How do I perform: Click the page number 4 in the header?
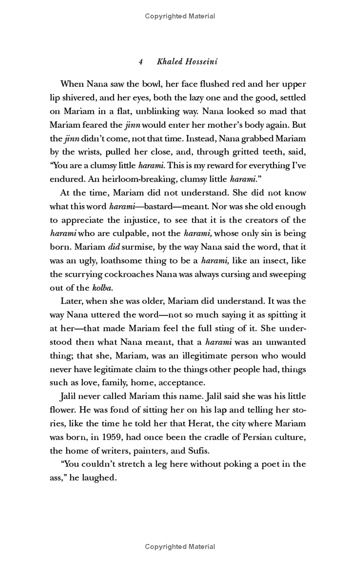(x=141, y=62)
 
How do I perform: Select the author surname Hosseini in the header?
(x=200, y=62)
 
